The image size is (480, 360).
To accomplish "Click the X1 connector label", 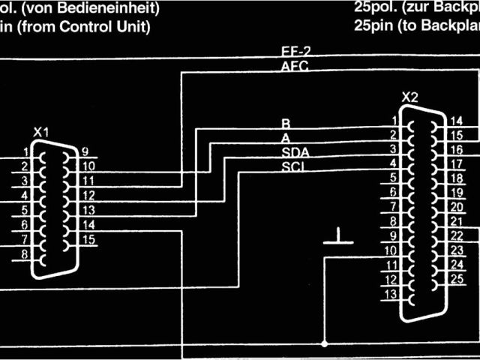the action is pos(41,133).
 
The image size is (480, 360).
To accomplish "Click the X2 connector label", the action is pos(409,97).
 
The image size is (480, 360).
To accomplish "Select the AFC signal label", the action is pos(293,66).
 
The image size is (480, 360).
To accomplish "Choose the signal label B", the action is pos(285,123).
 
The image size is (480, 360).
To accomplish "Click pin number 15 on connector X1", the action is pos(88,240).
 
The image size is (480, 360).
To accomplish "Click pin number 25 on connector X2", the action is pos(456,279).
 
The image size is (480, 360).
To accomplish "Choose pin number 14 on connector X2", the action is pos(455,121).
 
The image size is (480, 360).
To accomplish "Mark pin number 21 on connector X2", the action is pos(455,222).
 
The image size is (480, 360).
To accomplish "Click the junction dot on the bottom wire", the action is pos(324,343).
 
